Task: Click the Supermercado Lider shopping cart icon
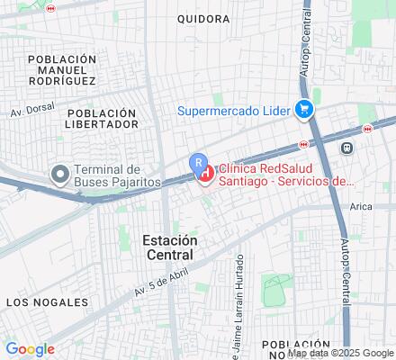(304, 111)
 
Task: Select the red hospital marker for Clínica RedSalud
(206, 173)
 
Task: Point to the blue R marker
(197, 161)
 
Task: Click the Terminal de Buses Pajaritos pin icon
(60, 174)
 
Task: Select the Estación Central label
(170, 247)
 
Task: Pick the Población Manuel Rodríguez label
(61, 70)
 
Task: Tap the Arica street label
(362, 208)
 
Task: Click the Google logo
(30, 349)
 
